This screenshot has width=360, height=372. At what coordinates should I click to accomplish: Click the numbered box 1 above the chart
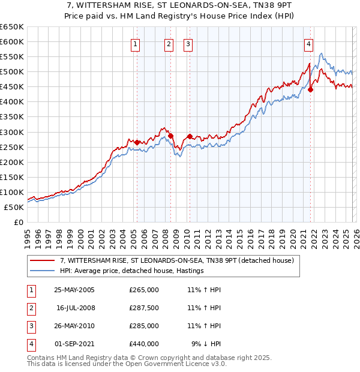[x=136, y=44]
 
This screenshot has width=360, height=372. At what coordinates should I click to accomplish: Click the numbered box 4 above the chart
[x=308, y=44]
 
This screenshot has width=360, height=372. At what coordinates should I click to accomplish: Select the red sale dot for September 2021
[x=311, y=90]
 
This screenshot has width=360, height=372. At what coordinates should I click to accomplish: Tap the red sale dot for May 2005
[x=137, y=142]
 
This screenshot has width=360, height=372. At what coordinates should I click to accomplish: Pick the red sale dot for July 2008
[x=171, y=136]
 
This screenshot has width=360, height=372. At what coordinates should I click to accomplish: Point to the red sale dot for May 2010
[x=190, y=136]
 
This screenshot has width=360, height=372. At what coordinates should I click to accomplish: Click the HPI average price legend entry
[x=132, y=271]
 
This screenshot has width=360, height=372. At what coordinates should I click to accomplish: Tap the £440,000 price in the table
[x=144, y=344]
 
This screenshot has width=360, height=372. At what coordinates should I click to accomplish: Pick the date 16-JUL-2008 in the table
[x=76, y=308]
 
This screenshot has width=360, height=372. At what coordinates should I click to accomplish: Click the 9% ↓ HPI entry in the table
[x=206, y=344]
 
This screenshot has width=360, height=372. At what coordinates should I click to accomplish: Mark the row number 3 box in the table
[x=31, y=326]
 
